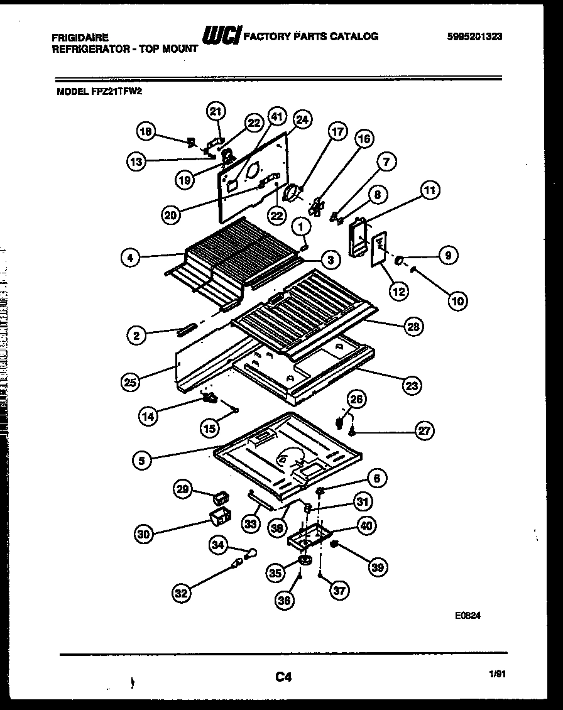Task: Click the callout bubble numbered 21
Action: (216, 112)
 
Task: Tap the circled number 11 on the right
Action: (431, 190)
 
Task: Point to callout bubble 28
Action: (413, 326)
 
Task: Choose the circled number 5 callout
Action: (141, 461)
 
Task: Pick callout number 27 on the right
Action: (425, 430)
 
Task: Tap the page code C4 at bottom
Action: (283, 677)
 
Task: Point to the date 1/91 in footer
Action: (496, 674)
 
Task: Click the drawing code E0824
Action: (468, 618)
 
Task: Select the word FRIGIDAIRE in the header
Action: (80, 38)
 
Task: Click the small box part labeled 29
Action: (221, 498)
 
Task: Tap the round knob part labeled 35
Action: (304, 560)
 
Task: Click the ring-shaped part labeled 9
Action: (400, 258)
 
